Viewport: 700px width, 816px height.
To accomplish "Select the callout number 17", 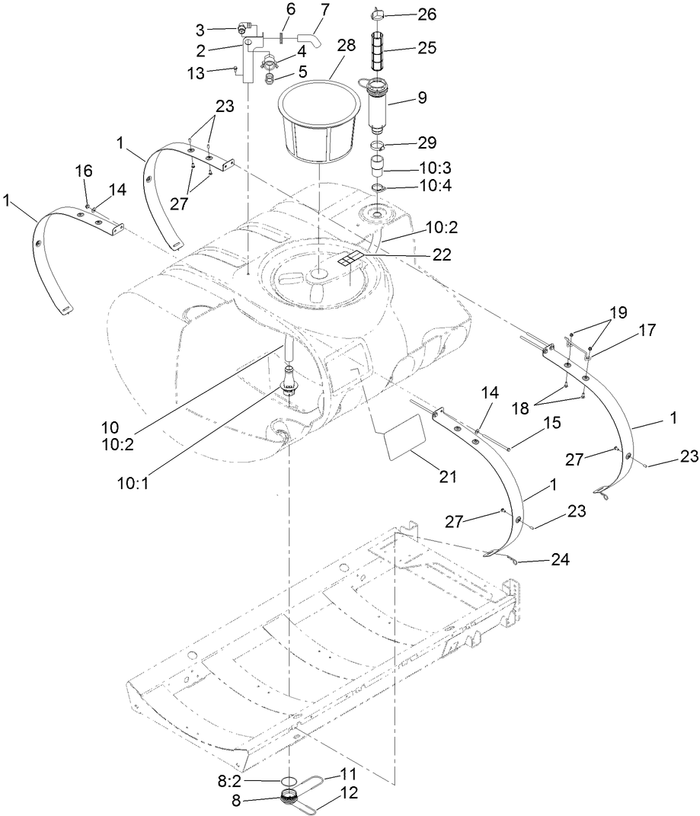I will pyautogui.click(x=647, y=331).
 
